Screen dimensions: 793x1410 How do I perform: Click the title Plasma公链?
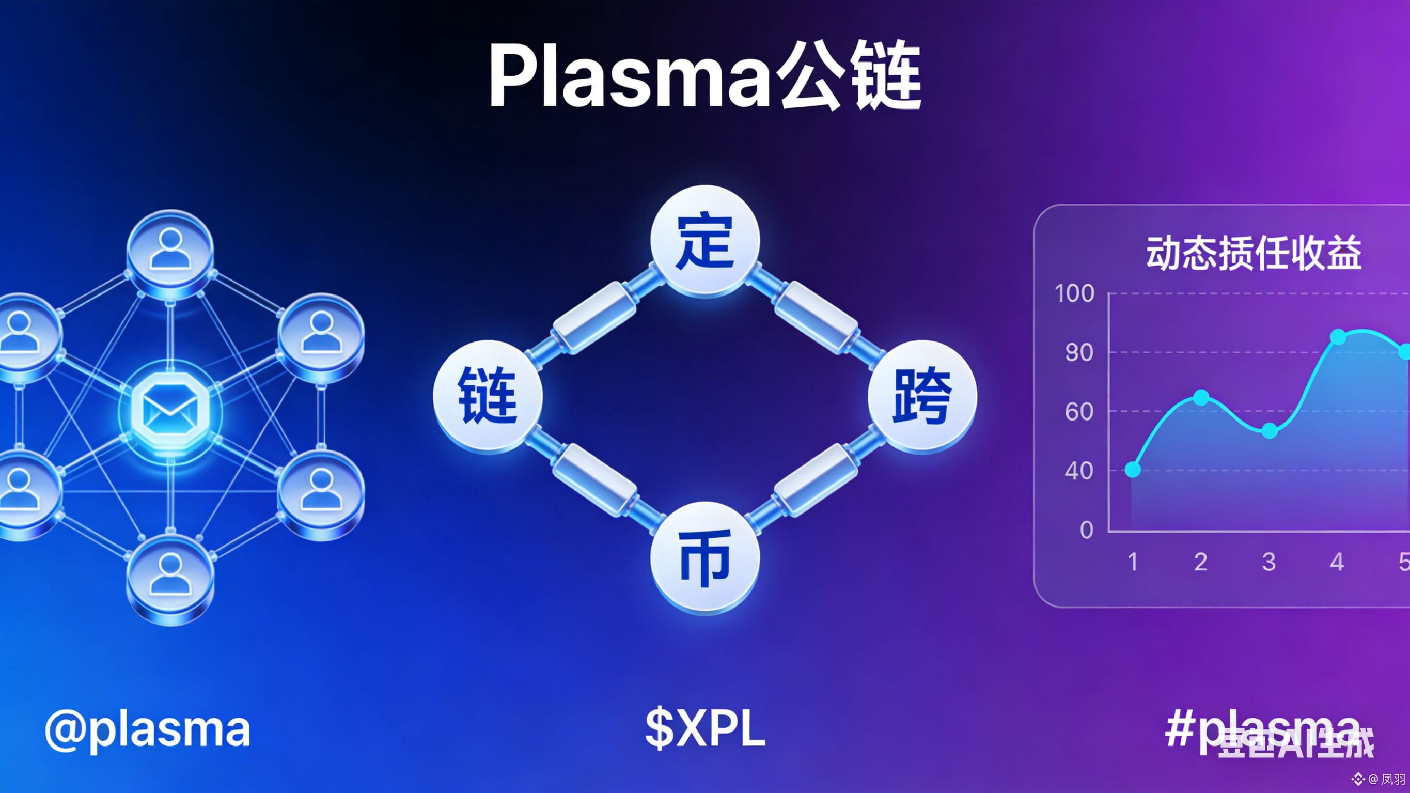(x=705, y=75)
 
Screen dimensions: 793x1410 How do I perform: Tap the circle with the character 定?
(x=705, y=241)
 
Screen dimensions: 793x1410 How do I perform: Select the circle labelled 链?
(x=487, y=395)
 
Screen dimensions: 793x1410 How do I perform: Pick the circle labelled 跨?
(x=922, y=395)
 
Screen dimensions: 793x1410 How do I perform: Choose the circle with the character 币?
(x=705, y=557)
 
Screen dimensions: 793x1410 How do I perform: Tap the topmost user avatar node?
(x=170, y=252)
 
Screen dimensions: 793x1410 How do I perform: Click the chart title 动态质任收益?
(x=1254, y=253)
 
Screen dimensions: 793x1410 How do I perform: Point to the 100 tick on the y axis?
(x=1074, y=293)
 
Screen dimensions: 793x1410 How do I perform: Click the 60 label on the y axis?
(x=1079, y=412)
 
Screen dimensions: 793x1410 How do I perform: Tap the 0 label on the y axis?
(x=1087, y=530)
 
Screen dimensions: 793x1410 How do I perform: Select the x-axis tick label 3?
(x=1269, y=562)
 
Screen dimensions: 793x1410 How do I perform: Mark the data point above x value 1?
(x=1133, y=469)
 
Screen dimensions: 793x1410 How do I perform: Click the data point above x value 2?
(x=1201, y=398)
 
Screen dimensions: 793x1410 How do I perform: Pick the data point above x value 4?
(x=1338, y=337)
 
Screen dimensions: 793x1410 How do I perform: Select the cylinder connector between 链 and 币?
(x=594, y=480)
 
